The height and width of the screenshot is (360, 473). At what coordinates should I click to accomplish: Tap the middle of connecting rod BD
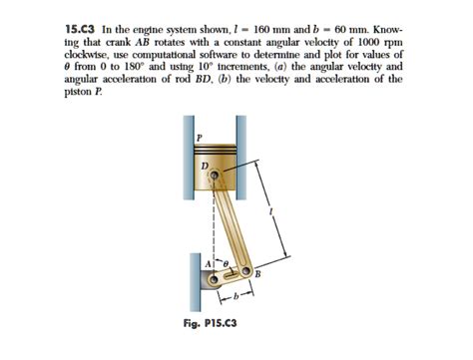point(231,222)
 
